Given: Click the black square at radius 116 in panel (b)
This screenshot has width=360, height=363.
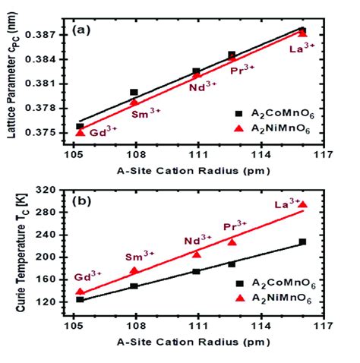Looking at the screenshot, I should [x=302, y=241].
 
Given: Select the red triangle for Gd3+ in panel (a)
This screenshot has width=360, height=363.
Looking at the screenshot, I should [x=81, y=132].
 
